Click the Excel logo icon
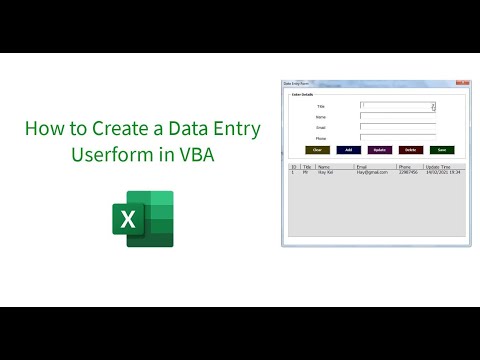click(141, 219)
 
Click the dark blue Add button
click(348, 149)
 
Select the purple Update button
click(379, 149)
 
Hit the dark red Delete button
click(410, 149)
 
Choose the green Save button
click(441, 149)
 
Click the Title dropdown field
click(397, 105)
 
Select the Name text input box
click(397, 116)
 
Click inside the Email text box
click(397, 127)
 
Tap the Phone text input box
click(397, 138)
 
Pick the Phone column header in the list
click(405, 166)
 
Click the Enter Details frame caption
click(303, 95)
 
